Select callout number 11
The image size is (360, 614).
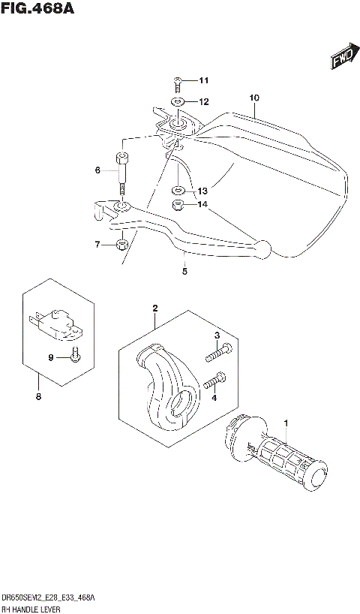204,81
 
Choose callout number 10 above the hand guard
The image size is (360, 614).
253,98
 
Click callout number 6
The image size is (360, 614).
97,171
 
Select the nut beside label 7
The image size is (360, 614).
121,245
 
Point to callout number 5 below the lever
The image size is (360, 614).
184,273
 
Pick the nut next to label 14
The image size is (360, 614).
178,205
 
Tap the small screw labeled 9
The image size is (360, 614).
75,356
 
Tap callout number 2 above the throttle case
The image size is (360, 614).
155,308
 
